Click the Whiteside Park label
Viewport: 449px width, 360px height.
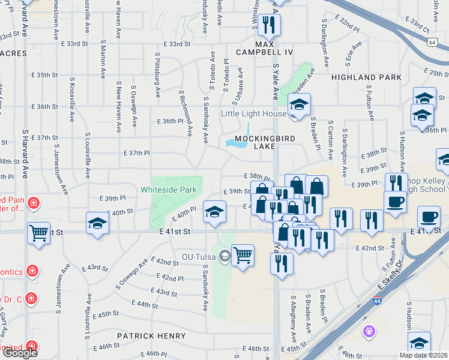point(169,190)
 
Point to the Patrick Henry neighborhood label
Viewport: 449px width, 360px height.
point(148,336)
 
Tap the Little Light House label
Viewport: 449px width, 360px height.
point(253,113)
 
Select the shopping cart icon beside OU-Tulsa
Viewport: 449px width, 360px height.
point(243,256)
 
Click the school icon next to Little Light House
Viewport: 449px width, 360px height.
point(298,105)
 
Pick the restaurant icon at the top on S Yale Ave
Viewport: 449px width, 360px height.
point(268,25)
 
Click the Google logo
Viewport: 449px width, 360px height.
point(19,353)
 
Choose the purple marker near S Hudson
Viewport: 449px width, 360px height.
point(369,331)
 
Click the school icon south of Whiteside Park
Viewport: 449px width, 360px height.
point(214,211)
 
